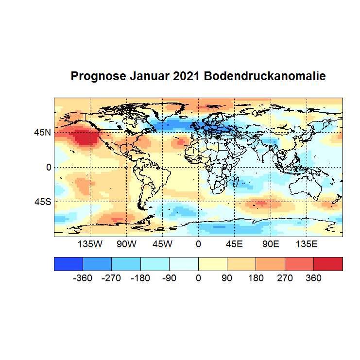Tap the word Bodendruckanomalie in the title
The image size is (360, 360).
(x=264, y=77)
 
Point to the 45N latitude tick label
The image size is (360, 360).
(x=42, y=132)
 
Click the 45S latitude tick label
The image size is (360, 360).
(x=42, y=202)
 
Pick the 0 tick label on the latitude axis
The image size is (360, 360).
(x=48, y=167)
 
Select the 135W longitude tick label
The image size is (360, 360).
(x=90, y=244)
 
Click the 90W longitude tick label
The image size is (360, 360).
(x=126, y=244)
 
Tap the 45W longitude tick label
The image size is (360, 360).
(x=162, y=244)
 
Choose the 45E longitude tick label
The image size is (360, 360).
(x=234, y=244)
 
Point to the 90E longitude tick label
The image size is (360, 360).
(x=271, y=244)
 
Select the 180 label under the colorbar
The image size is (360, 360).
(x=256, y=279)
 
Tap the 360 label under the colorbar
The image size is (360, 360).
(x=313, y=279)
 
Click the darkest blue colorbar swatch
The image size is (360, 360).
(x=69, y=264)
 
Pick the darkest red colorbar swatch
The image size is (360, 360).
(x=328, y=264)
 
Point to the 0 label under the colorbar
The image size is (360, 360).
(x=198, y=279)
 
